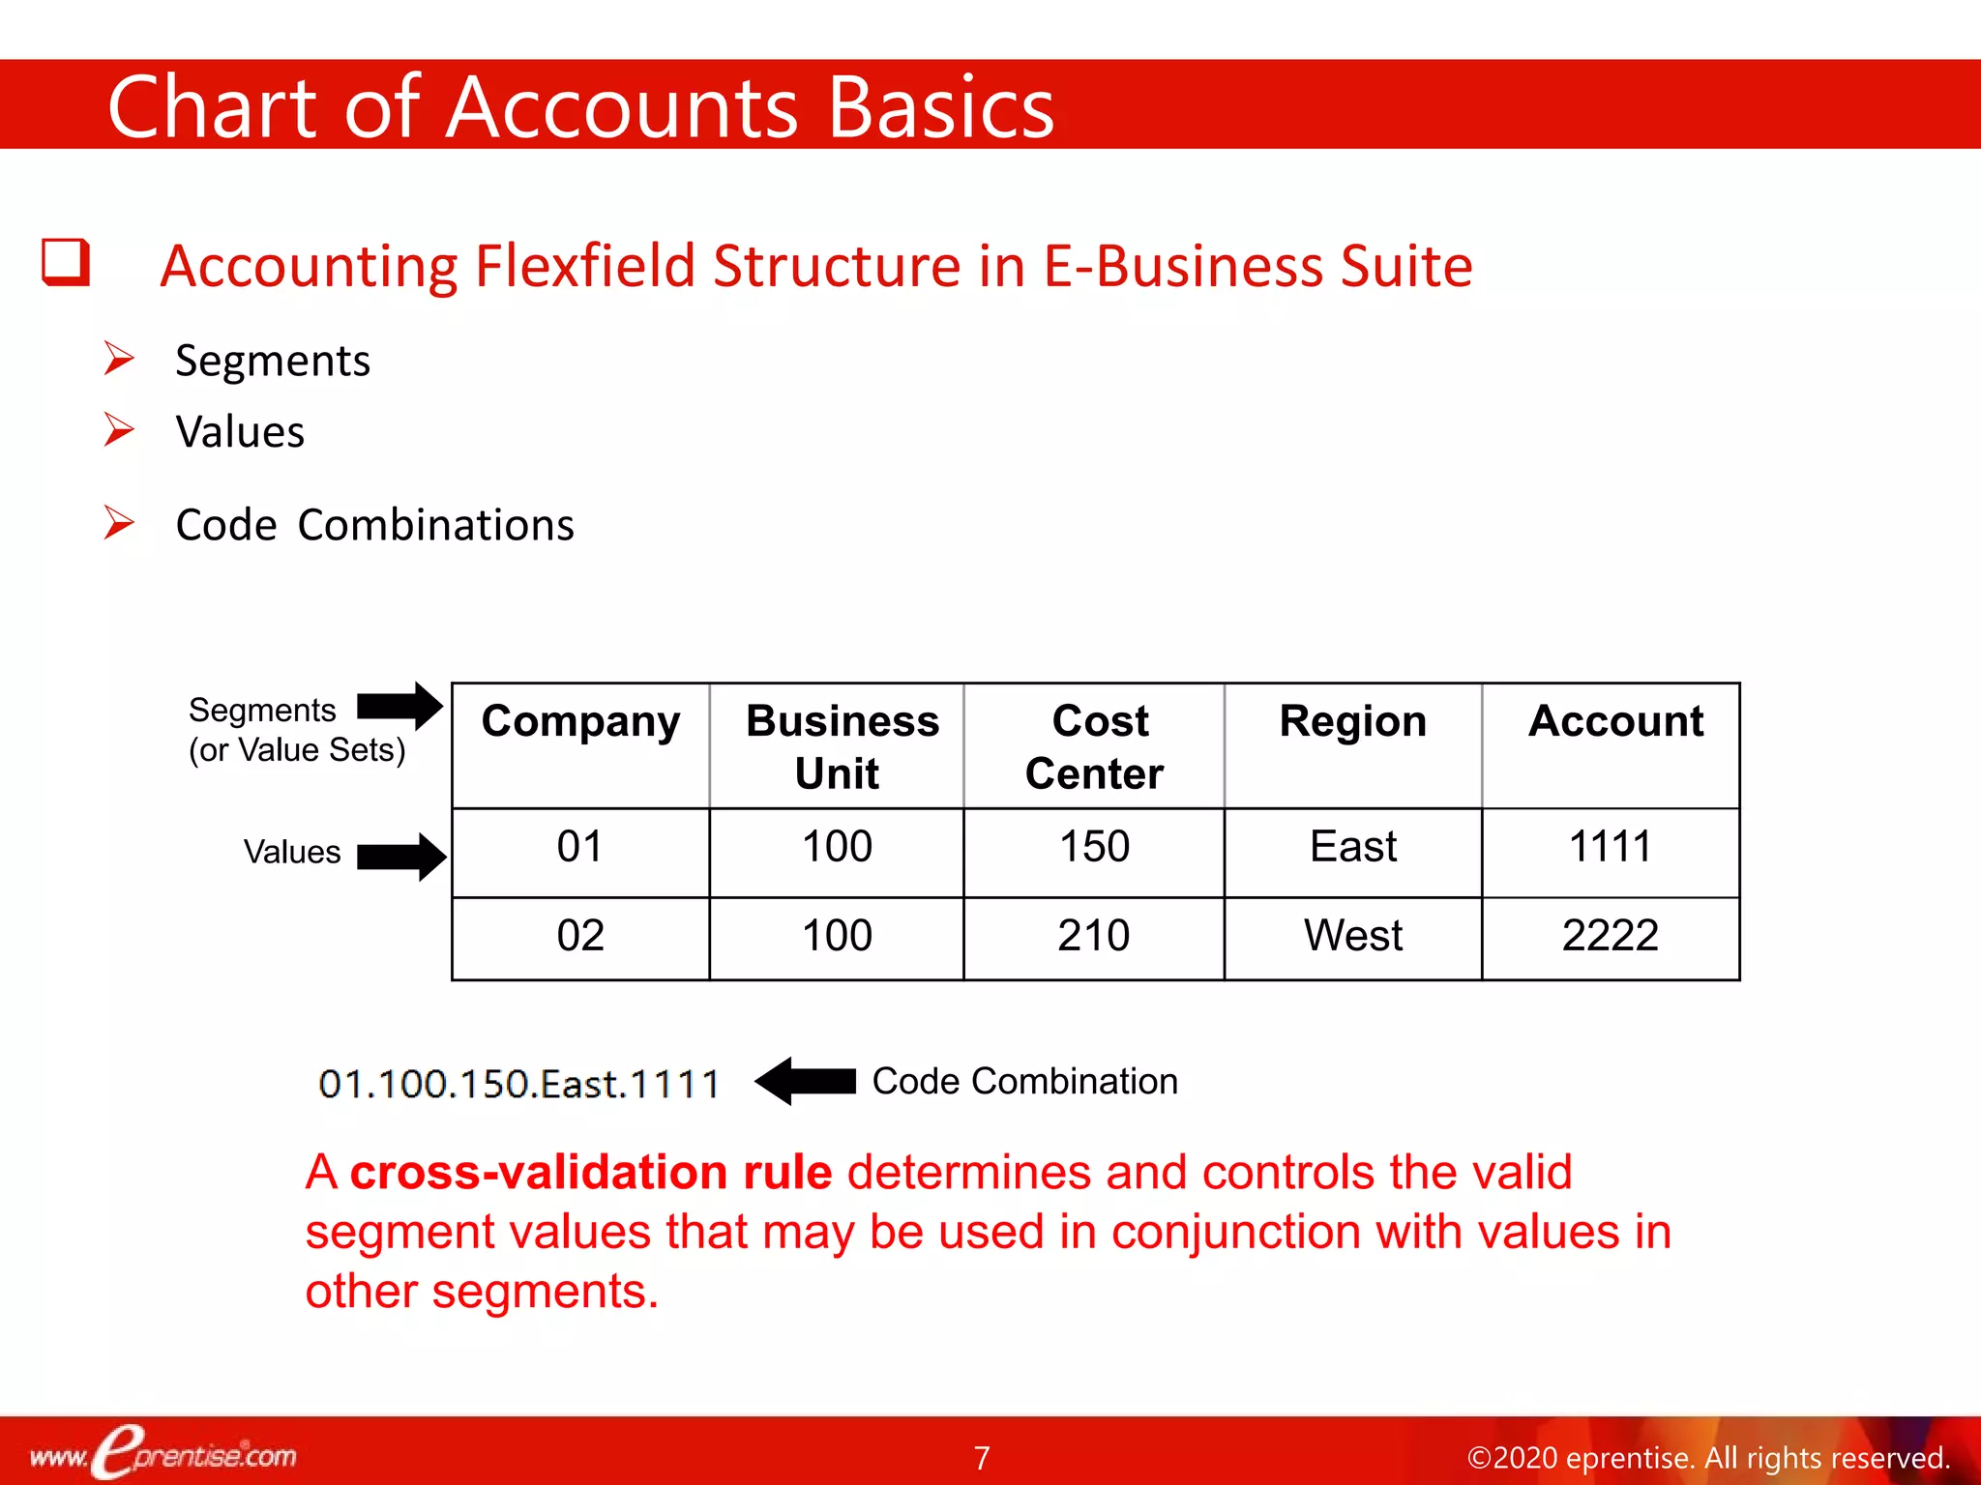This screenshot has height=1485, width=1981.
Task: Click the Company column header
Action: tap(580, 722)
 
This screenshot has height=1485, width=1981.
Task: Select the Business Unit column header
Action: tap(841, 746)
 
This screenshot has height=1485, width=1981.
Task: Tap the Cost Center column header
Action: tap(1095, 746)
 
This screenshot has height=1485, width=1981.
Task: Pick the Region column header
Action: tap(1352, 722)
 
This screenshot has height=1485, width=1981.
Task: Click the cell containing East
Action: tap(1352, 847)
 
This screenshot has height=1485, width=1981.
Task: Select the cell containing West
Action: tap(1352, 936)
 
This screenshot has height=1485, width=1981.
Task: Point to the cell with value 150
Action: tap(1094, 847)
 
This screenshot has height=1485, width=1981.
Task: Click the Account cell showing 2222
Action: tap(1611, 936)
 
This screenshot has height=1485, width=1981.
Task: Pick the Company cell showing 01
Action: tap(580, 847)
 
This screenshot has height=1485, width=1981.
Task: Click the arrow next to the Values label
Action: tap(401, 856)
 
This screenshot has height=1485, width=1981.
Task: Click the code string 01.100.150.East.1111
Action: tap(518, 1084)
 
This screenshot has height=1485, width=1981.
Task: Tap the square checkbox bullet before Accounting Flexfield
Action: tap(66, 263)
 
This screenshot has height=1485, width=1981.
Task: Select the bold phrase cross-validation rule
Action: tap(590, 1172)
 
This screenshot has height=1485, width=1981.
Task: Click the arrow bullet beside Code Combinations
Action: tap(119, 523)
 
